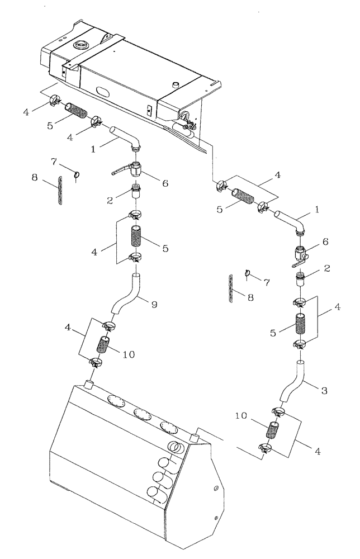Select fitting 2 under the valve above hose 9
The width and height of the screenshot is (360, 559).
click(135, 192)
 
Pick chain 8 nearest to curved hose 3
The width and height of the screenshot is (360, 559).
click(231, 289)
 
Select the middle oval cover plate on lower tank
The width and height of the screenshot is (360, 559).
click(140, 412)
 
